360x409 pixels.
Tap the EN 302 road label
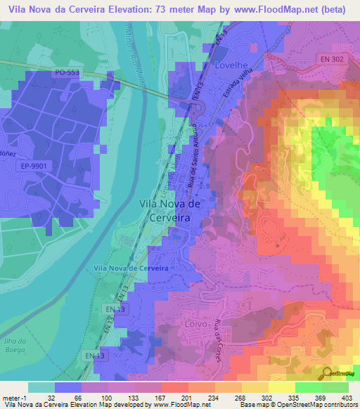(x=331, y=60)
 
